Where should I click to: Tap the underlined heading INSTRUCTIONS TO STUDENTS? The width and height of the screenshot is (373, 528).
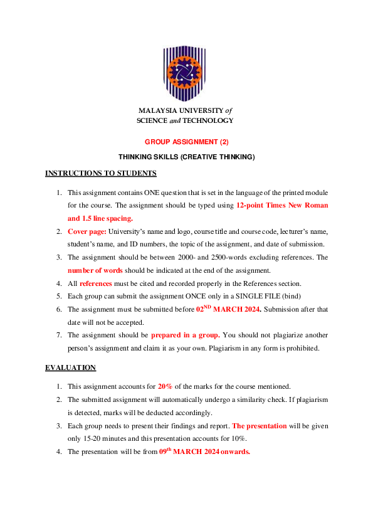pos(101,173)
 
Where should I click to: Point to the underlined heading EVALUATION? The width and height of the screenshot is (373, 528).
pos(71,367)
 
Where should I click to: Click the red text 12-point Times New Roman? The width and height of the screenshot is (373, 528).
pos(282,206)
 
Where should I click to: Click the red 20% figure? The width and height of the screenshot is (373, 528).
pos(165,386)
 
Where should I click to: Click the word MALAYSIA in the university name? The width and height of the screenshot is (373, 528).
pos(155,110)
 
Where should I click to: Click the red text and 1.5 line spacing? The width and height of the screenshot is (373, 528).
pos(100,218)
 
